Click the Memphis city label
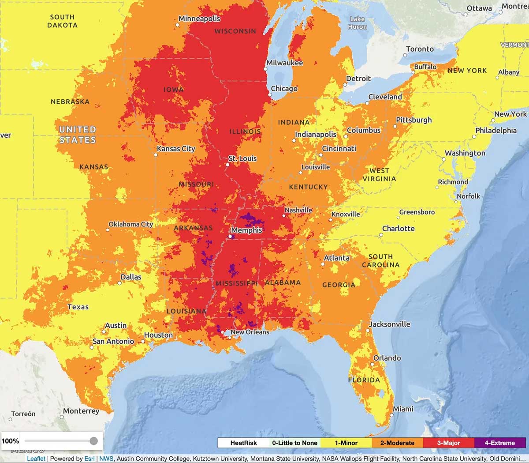[x=246, y=230]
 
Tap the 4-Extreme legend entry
[x=499, y=443]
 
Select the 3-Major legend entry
[x=448, y=443]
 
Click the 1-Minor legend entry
[x=346, y=443]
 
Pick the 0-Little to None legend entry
[x=294, y=443]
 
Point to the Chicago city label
[x=284, y=89]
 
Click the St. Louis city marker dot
[x=228, y=165]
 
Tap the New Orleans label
[x=250, y=332]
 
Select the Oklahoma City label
[x=130, y=224]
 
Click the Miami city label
[x=403, y=409]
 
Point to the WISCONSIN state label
[x=235, y=31]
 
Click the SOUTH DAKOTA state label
[x=62, y=21]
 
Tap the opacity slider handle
[x=93, y=441]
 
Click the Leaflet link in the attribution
[x=36, y=459]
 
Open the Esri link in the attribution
[x=89, y=459]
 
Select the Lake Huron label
[x=357, y=23]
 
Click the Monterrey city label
[x=81, y=411]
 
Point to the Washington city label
[x=465, y=153]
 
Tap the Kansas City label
[x=176, y=149]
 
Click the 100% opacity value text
[x=11, y=441]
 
